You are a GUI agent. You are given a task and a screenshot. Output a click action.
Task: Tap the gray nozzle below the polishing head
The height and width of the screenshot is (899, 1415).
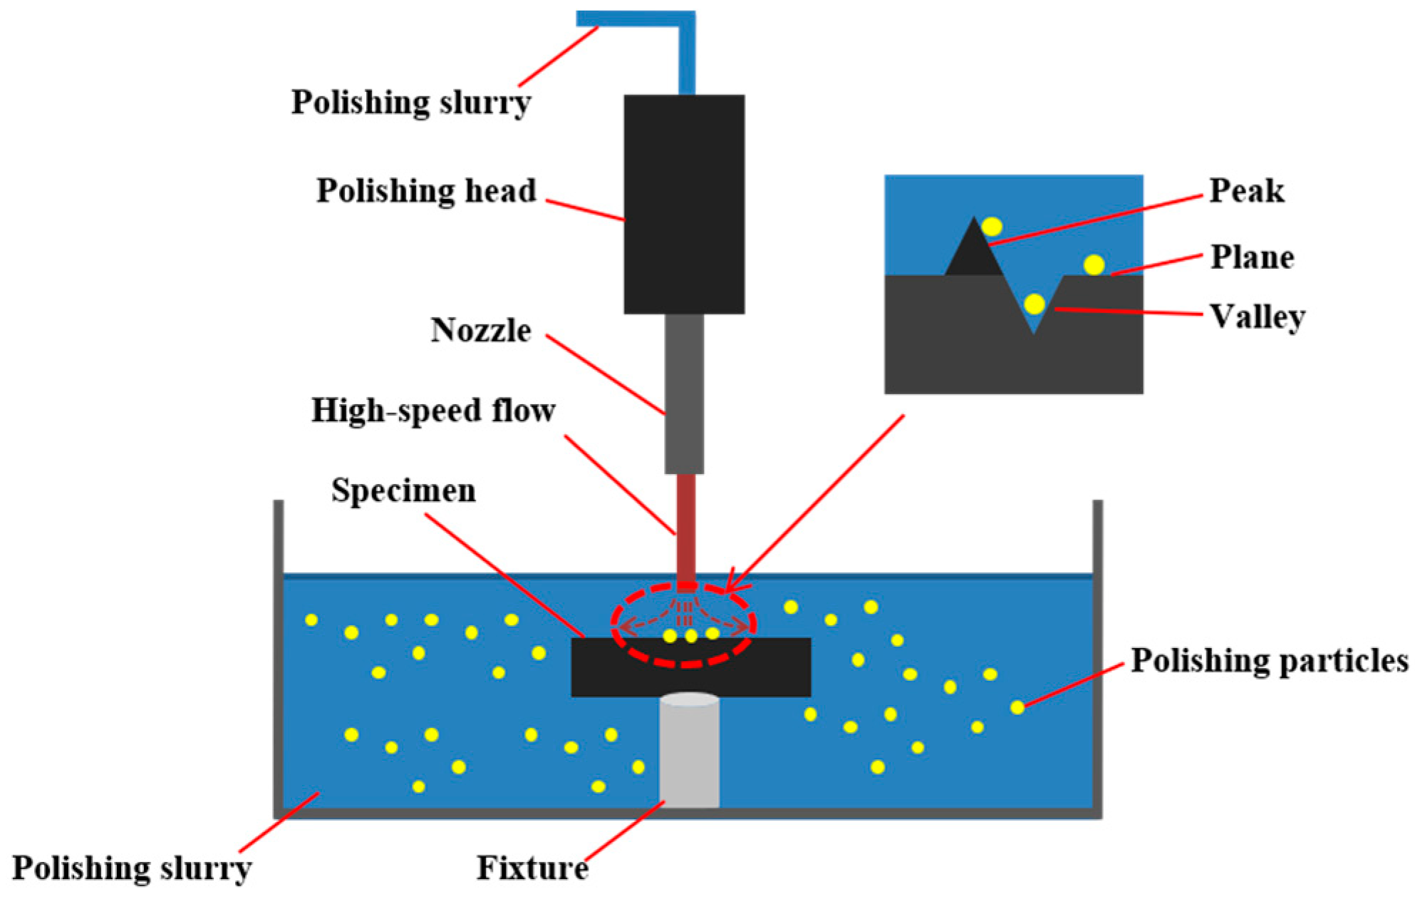pos(684,394)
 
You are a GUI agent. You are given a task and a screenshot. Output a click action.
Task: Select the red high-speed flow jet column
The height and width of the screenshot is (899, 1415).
pos(685,528)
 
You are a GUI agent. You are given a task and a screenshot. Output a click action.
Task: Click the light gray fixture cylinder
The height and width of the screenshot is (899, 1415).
pos(689,752)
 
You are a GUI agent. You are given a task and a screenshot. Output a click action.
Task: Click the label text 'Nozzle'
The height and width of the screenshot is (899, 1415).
pos(481,330)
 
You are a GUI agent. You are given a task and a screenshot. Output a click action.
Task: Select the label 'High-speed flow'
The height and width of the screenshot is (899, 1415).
pos(433,411)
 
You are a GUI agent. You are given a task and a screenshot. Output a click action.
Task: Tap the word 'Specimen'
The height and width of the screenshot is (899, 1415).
pos(403,490)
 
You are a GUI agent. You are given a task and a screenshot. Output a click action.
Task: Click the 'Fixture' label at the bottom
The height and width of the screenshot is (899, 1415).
pos(532,868)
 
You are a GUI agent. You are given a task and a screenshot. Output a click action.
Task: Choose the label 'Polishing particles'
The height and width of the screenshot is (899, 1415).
pos(1270,660)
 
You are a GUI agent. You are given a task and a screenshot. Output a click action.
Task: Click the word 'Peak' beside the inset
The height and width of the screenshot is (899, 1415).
pos(1247,191)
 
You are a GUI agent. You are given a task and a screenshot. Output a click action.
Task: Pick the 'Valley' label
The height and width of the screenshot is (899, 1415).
pos(1258,317)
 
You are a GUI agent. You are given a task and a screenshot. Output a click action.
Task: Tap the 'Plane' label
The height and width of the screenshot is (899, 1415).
pos(1253,257)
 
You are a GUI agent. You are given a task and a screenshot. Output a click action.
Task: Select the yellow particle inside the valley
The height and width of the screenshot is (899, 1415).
pos(1034,304)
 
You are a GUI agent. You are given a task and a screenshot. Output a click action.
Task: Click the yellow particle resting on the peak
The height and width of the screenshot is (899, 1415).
pos(992,227)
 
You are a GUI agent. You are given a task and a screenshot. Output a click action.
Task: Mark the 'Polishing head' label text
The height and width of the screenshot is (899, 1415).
pos(426,191)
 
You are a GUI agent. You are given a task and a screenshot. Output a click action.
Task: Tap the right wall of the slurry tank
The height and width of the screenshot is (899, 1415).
pos(1097,656)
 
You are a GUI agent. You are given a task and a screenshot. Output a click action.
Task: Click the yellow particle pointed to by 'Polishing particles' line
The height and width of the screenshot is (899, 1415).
pos(1017,707)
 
